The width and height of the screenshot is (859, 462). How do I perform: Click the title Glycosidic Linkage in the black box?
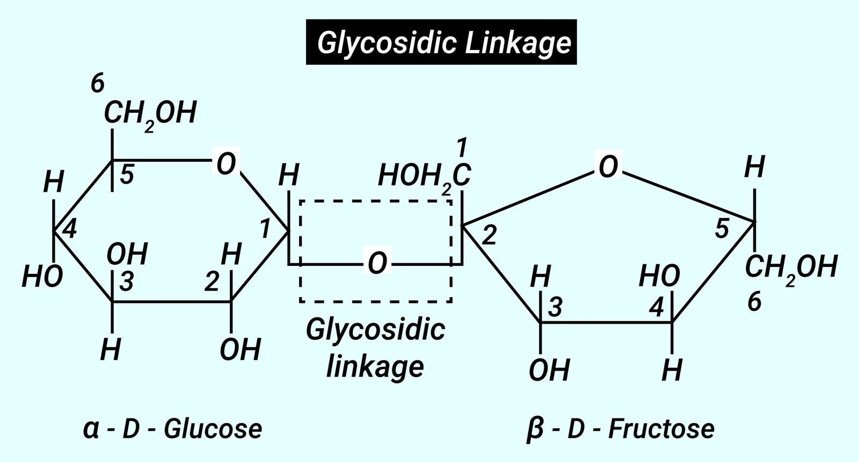coord(441,42)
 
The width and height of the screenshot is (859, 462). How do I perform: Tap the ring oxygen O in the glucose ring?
coord(226,163)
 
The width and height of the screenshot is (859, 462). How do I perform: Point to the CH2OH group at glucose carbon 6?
coord(150,114)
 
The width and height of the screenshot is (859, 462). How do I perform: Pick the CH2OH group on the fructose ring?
coord(791,268)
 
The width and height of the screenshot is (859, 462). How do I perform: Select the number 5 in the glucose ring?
coord(127,175)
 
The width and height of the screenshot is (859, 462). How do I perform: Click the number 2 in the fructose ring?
coord(490,236)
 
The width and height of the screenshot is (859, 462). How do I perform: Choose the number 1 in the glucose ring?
coord(265,229)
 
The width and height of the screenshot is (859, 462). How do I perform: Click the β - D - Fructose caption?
coord(621,429)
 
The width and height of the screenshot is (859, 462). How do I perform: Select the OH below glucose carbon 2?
coord(240,350)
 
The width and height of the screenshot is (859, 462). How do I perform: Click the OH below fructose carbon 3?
coord(549,370)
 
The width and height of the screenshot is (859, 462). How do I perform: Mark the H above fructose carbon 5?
coord(754,168)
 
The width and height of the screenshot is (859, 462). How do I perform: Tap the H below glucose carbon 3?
coord(111,350)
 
